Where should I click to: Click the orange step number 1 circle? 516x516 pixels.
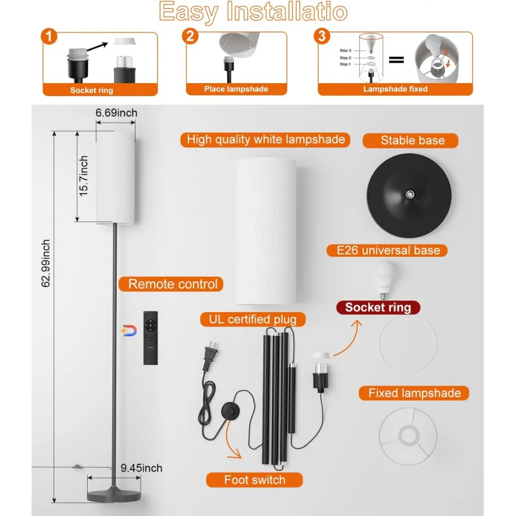coord(49,35)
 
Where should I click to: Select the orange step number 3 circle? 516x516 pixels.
coord(322,35)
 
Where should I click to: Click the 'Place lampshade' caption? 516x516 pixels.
coord(236,89)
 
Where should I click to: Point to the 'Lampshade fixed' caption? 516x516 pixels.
coord(395,89)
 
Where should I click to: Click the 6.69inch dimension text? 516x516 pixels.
coord(116,113)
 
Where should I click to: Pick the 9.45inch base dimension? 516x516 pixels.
coord(141,468)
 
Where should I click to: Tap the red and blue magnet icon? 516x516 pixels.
coord(129,331)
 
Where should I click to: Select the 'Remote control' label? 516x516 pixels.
coord(173,284)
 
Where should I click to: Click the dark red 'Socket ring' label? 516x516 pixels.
coord(378,307)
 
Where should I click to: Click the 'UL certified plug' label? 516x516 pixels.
coord(253,319)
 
